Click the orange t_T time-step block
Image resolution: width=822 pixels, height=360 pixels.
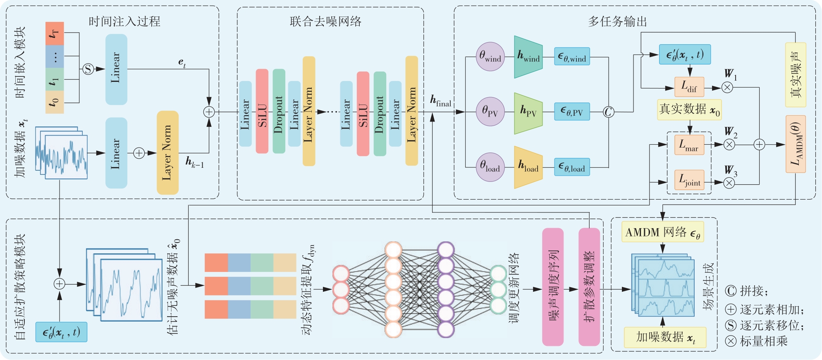tap(55, 33)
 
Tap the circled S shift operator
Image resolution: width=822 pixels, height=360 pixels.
tap(88, 69)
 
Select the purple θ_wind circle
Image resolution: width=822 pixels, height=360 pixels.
tap(490, 56)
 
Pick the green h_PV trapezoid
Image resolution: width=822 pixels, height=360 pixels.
tap(528, 113)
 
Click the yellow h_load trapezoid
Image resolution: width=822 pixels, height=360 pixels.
tap(528, 167)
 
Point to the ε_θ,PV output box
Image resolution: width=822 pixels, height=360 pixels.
tap(572, 112)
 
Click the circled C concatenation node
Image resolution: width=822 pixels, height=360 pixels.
tap(608, 112)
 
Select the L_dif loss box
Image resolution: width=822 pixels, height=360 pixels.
tap(689, 87)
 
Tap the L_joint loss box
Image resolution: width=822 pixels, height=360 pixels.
tap(689, 180)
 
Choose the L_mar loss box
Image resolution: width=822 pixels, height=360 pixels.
tap(689, 145)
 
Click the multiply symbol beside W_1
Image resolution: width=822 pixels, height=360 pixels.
tap(727, 88)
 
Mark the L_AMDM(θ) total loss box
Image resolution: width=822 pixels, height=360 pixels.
tap(796, 144)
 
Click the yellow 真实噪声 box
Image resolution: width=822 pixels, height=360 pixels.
tap(796, 75)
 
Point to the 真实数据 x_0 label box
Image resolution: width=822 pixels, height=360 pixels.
tap(689, 110)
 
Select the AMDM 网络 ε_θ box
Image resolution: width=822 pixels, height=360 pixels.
tap(662, 232)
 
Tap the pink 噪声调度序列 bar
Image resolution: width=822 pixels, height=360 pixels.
tap(553, 287)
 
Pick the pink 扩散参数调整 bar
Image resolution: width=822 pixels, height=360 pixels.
tap(589, 287)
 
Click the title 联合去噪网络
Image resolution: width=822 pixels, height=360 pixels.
tap(325, 21)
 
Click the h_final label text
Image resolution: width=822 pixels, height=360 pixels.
tap(440, 101)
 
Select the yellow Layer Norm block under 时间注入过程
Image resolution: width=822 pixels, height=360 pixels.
tap(167, 153)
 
